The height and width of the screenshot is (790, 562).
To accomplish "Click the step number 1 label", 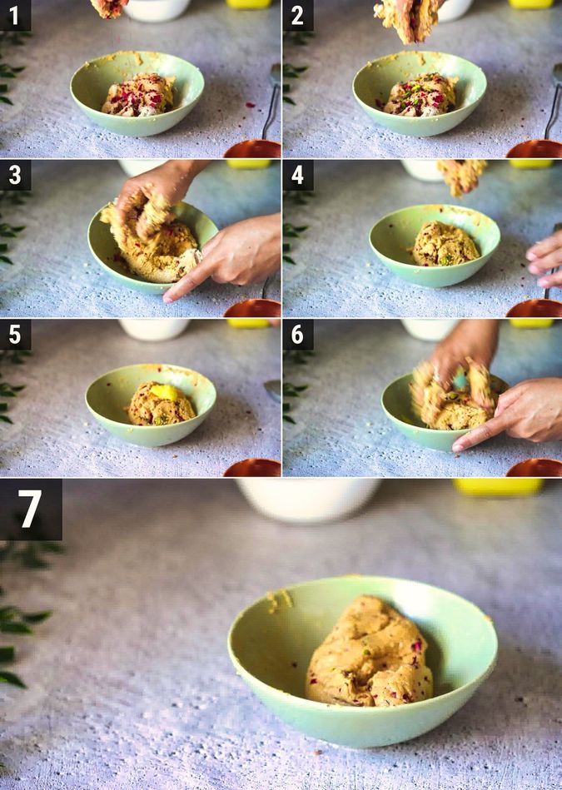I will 15,15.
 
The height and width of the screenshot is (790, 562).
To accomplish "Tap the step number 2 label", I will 298,15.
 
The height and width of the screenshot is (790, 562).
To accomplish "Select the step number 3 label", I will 15,175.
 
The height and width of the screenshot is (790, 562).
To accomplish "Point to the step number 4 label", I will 298,175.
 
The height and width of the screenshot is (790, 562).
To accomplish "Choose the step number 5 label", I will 15,335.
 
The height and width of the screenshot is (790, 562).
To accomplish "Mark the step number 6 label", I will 298,335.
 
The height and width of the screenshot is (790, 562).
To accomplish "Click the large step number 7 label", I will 31,509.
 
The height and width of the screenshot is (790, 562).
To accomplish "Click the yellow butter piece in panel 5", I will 164,392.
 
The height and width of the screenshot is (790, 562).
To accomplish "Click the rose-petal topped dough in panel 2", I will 420,95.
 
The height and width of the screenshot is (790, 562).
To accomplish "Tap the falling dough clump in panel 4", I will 462,175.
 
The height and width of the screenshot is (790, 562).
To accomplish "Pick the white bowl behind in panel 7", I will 308,498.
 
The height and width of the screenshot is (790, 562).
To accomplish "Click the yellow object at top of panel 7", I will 498,486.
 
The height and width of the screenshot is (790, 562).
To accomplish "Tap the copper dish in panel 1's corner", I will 252,149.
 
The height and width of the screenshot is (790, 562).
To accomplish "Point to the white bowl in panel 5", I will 153,329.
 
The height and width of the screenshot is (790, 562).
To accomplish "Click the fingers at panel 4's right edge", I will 545,258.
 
